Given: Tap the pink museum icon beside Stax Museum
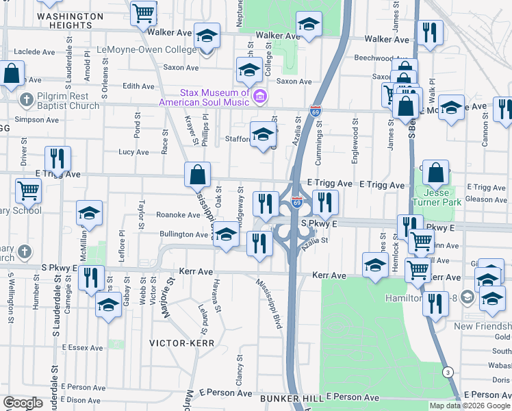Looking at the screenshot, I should point(259,97).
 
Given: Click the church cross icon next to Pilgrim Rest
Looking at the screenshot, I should point(26,101).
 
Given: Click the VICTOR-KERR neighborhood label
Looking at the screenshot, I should point(182,342).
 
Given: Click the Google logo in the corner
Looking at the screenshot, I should point(23,403).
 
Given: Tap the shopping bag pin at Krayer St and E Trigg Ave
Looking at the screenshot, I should point(197,175).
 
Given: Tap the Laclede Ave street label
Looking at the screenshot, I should point(29,51).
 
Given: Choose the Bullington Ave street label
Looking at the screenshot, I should point(183,234).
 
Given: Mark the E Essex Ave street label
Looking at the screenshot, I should point(81,348).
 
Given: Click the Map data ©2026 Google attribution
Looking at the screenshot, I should point(469,406).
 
